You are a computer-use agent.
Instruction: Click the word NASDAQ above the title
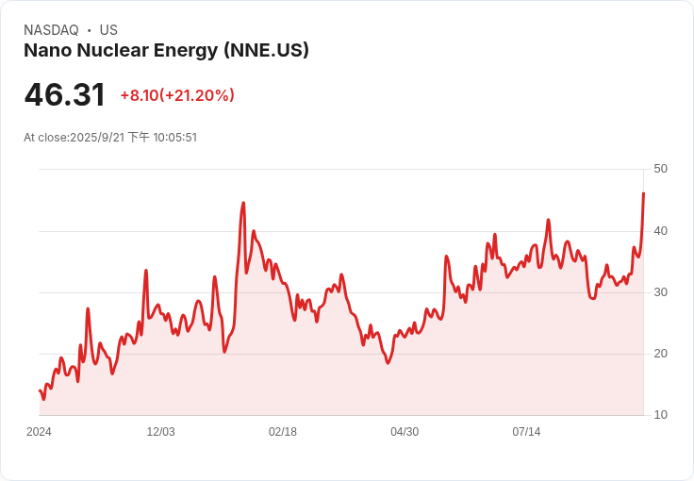point(51,30)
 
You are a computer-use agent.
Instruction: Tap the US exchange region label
point(108,30)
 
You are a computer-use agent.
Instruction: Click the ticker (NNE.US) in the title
point(266,50)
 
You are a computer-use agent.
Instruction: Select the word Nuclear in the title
point(113,50)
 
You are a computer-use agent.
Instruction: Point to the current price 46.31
point(65,94)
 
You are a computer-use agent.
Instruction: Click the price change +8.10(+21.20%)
point(177,95)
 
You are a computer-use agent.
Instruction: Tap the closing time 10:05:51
point(174,138)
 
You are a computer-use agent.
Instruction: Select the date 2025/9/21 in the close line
point(97,138)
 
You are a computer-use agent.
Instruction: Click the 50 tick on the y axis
point(660,169)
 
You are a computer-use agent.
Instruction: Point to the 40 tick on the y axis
point(660,231)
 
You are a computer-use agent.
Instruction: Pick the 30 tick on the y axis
point(660,292)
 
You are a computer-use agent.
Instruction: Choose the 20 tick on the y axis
point(660,354)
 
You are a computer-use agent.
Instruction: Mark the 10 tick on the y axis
point(660,415)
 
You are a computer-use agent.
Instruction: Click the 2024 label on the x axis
point(39,432)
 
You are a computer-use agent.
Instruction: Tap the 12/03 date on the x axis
point(160,432)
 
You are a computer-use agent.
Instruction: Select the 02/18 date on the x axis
point(283,432)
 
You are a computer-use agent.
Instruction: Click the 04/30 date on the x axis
point(405,432)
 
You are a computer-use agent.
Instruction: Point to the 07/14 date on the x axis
point(526,432)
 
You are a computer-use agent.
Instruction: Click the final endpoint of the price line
point(643,193)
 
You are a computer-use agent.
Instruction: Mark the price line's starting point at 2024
point(40,390)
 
